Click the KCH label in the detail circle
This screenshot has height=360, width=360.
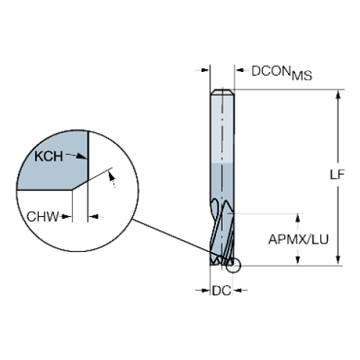point(48,156)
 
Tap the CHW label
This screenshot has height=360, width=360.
point(43,217)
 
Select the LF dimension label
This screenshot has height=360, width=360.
point(337,175)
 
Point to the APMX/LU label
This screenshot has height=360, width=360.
point(298,240)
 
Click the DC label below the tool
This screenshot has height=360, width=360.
point(221,291)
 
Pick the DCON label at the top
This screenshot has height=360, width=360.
point(271,71)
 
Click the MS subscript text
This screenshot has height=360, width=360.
point(302,76)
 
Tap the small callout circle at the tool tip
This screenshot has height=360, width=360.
point(234,265)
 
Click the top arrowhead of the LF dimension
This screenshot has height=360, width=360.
point(338,95)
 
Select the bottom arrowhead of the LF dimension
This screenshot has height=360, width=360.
point(338,260)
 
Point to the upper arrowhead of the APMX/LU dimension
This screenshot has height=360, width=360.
point(298,218)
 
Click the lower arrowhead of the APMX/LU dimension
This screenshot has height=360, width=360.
point(298,260)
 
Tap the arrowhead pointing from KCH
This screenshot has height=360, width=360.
point(82,156)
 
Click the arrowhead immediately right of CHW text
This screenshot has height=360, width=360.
point(66,217)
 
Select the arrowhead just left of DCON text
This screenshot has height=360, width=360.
point(240,71)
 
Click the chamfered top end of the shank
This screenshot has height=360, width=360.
point(223,92)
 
